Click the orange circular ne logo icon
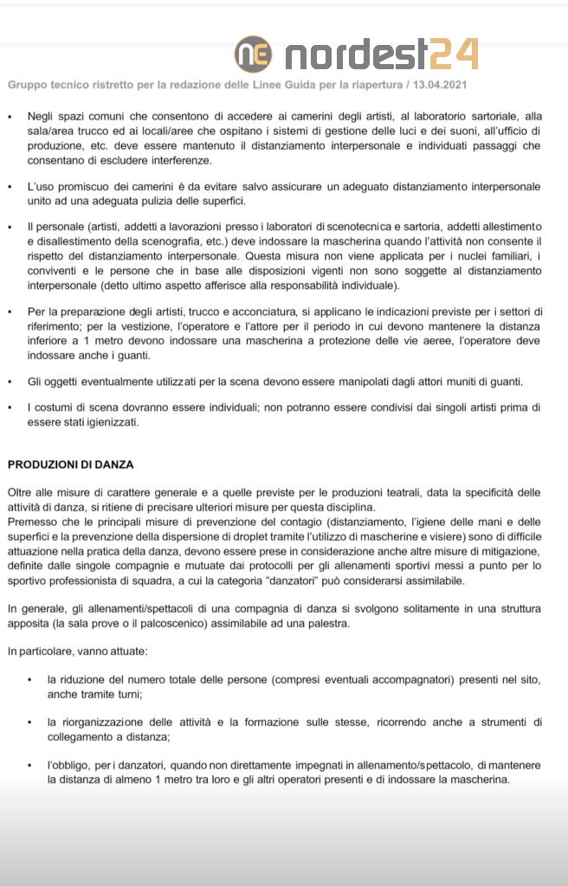(253, 54)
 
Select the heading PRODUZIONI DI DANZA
(71, 465)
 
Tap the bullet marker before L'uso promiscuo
(10, 187)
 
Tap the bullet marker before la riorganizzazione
(30, 722)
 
